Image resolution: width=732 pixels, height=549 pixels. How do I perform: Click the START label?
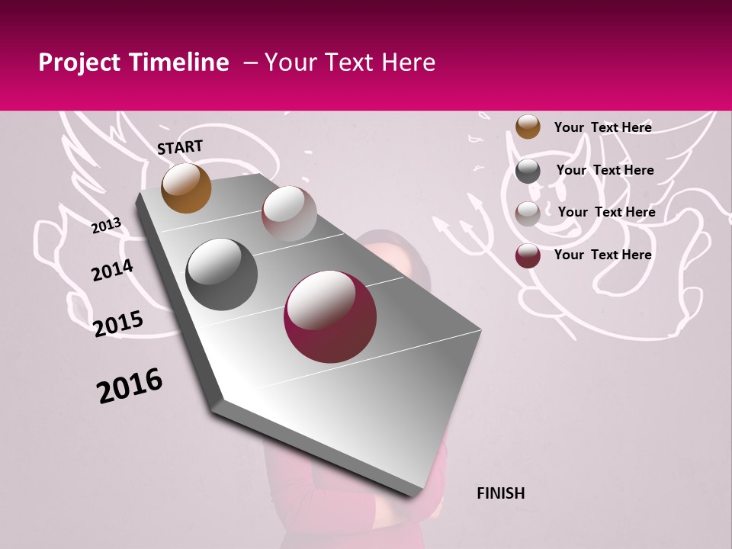click(180, 146)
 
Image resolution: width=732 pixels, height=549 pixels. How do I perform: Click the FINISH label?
click(500, 493)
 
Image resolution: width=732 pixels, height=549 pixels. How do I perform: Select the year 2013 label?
click(106, 225)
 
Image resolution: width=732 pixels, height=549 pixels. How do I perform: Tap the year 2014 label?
click(112, 270)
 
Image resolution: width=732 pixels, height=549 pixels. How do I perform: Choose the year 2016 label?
click(130, 386)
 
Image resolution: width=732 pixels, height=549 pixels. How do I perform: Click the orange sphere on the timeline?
click(187, 188)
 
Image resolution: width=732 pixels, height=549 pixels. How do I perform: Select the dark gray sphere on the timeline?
click(222, 274)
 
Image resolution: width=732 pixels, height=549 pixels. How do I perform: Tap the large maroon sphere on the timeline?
click(330, 316)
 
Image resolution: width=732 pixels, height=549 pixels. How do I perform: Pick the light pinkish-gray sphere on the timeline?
click(289, 213)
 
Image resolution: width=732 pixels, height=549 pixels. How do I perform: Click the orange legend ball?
click(528, 127)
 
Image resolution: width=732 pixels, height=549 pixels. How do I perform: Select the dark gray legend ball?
click(528, 171)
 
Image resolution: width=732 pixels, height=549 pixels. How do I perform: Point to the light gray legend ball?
click(528, 213)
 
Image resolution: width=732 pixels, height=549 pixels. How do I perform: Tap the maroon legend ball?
click(528, 255)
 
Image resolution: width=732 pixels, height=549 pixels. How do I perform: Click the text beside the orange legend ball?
click(602, 127)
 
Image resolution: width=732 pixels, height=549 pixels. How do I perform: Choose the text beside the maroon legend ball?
click(602, 255)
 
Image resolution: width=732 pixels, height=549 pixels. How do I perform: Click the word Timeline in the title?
click(180, 63)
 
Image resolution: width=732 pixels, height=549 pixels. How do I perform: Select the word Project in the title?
click(79, 63)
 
